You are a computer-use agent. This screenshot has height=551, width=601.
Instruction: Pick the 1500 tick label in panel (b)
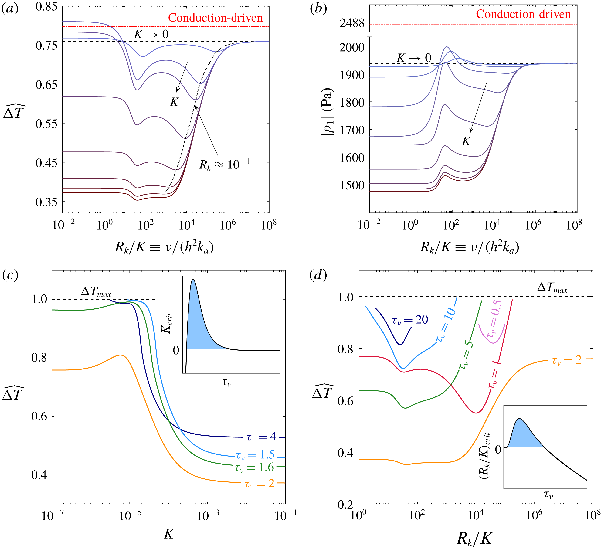click(x=352, y=185)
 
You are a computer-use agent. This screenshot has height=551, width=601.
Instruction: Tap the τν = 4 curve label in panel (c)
click(x=261, y=437)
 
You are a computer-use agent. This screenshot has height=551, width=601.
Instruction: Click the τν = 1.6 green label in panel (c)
click(x=254, y=467)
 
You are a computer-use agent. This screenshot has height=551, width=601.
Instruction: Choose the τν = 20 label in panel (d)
click(x=410, y=320)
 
